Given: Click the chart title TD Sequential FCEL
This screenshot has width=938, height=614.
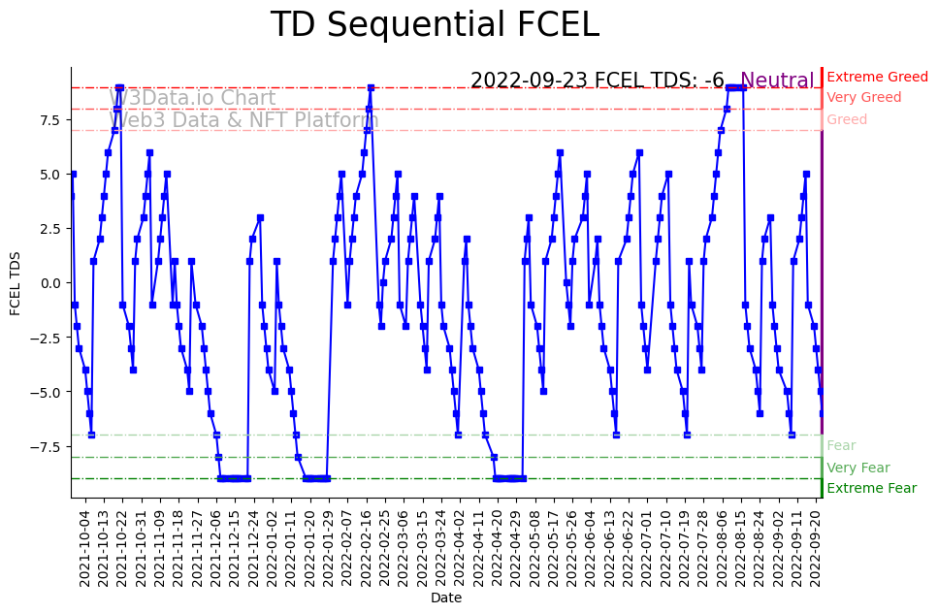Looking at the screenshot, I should (x=435, y=25).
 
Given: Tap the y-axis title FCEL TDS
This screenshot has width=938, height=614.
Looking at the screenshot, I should (x=16, y=282).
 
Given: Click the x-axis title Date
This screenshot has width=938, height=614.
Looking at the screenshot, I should (x=446, y=598).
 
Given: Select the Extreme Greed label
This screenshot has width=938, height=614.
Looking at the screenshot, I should (x=877, y=77).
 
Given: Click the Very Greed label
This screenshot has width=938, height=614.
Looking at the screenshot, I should (x=863, y=97).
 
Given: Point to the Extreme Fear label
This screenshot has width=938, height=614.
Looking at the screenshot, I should (x=871, y=488).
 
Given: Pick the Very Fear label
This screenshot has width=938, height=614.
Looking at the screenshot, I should (x=857, y=468).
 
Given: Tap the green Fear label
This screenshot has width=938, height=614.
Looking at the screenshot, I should (x=841, y=445).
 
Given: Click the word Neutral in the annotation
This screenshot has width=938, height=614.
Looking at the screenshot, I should (x=777, y=81).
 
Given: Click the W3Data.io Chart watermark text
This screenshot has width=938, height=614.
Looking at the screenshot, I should (x=192, y=98).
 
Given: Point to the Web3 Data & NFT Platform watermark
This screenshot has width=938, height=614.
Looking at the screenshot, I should (x=243, y=120).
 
